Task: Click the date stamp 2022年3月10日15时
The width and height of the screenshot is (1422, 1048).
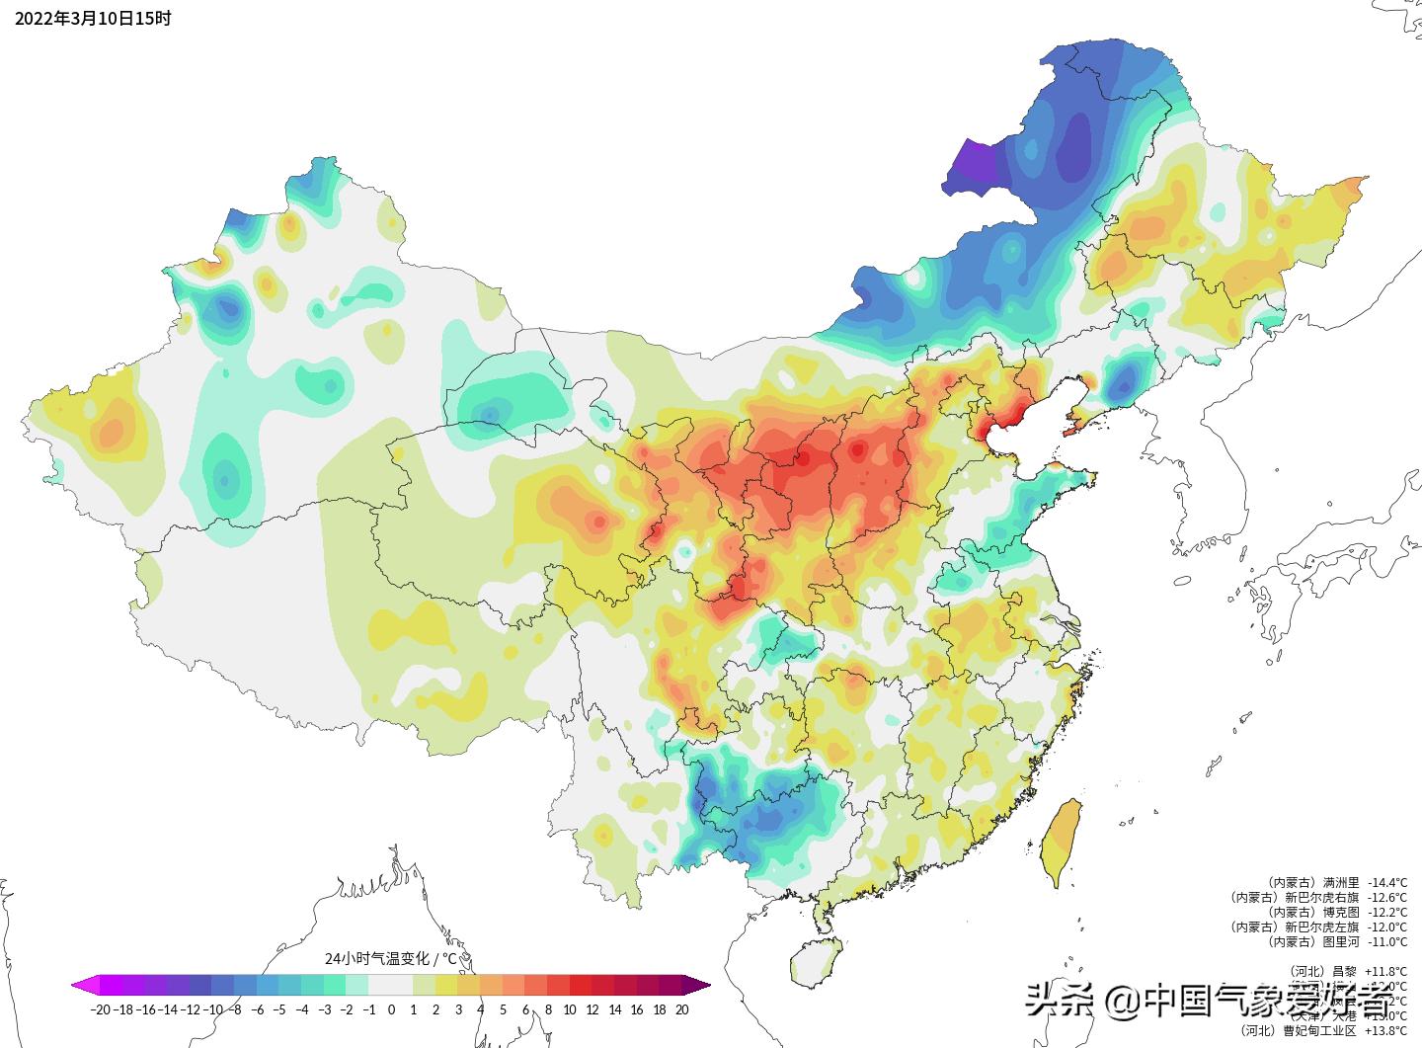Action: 93,18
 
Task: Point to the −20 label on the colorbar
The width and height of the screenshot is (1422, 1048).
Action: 99,1009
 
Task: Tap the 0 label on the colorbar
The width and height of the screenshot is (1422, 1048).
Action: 391,1009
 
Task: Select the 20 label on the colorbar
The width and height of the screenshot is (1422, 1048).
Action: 681,1009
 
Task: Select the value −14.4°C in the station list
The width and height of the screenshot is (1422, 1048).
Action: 1386,882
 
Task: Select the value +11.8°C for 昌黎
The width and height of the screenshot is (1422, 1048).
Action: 1386,971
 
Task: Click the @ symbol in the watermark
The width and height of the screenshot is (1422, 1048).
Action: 1121,1003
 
